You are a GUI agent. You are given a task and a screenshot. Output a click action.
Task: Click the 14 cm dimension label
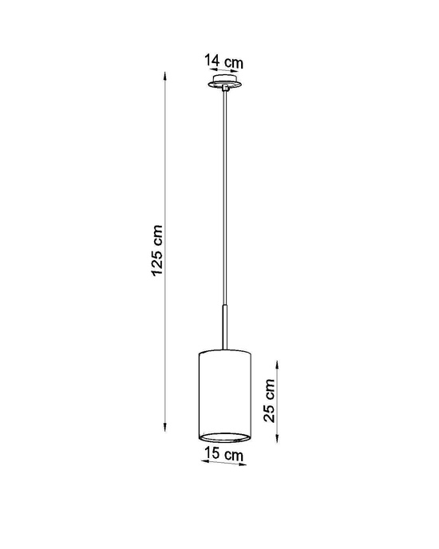(223, 60)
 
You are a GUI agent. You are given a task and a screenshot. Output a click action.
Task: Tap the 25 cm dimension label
(270, 400)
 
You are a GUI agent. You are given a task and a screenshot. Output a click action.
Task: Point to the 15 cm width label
(224, 455)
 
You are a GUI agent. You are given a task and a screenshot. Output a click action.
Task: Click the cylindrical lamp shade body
(224, 391)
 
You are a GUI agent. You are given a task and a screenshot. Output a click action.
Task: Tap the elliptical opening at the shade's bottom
(224, 436)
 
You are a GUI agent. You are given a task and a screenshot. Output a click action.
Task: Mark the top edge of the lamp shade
(224, 351)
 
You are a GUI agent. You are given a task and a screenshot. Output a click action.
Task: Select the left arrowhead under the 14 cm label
(208, 70)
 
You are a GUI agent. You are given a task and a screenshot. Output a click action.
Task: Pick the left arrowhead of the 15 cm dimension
(199, 466)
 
